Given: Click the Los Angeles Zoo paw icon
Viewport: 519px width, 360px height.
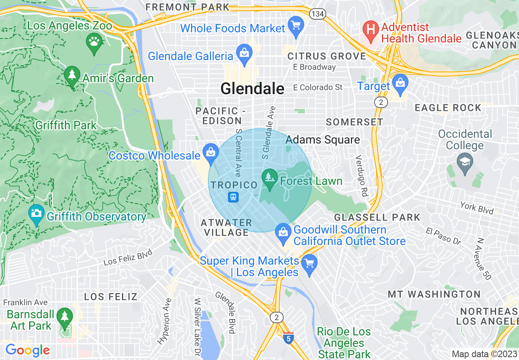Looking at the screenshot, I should [x=95, y=42].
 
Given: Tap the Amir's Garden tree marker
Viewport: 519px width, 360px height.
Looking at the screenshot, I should [x=72, y=75].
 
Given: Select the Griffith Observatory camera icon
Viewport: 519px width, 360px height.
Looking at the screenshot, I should [x=36, y=214].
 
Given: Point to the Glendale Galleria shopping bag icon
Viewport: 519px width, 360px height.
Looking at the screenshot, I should [x=244, y=53].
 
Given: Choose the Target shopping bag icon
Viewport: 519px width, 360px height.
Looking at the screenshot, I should [x=400, y=83].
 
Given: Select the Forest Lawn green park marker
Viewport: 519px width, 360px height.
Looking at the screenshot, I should [x=269, y=178].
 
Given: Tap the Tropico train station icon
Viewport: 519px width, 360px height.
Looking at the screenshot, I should [x=233, y=197].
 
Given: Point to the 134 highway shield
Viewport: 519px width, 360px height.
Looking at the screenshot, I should [x=317, y=14].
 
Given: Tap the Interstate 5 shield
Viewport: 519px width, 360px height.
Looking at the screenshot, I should [x=289, y=338].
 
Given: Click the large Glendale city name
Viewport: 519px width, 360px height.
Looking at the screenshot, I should [x=252, y=88].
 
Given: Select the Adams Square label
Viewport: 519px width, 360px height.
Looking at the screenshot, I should [x=323, y=140].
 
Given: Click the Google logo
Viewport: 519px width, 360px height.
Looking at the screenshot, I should [x=27, y=350].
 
